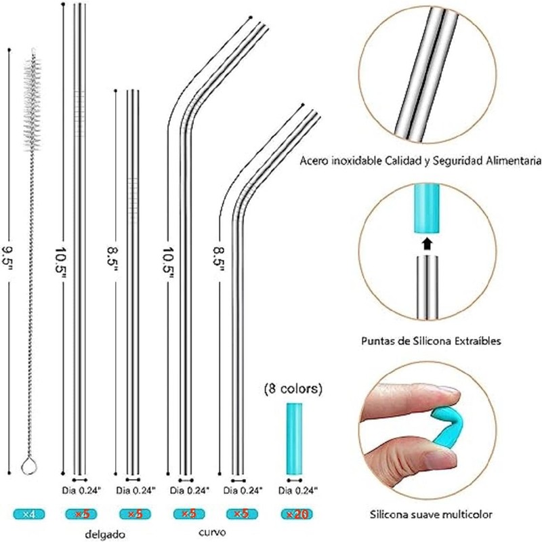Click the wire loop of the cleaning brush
(x=28, y=465)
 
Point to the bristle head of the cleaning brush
(x=30, y=102)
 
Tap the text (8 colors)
(x=293, y=390)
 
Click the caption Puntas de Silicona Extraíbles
(x=432, y=341)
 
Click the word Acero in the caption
(x=316, y=161)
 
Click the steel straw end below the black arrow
(x=426, y=285)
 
